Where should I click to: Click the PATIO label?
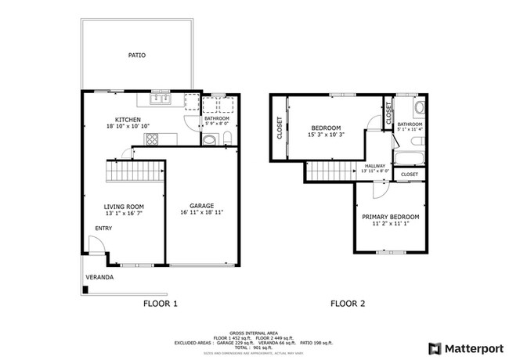(137, 56)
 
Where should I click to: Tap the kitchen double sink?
(161, 99)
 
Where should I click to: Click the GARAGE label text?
(201, 205)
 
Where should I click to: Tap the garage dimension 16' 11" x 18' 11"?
(201, 213)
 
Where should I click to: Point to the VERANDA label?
(99, 277)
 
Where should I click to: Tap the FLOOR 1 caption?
(161, 304)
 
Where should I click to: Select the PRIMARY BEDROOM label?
(390, 217)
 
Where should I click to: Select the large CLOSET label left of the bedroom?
(280, 128)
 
